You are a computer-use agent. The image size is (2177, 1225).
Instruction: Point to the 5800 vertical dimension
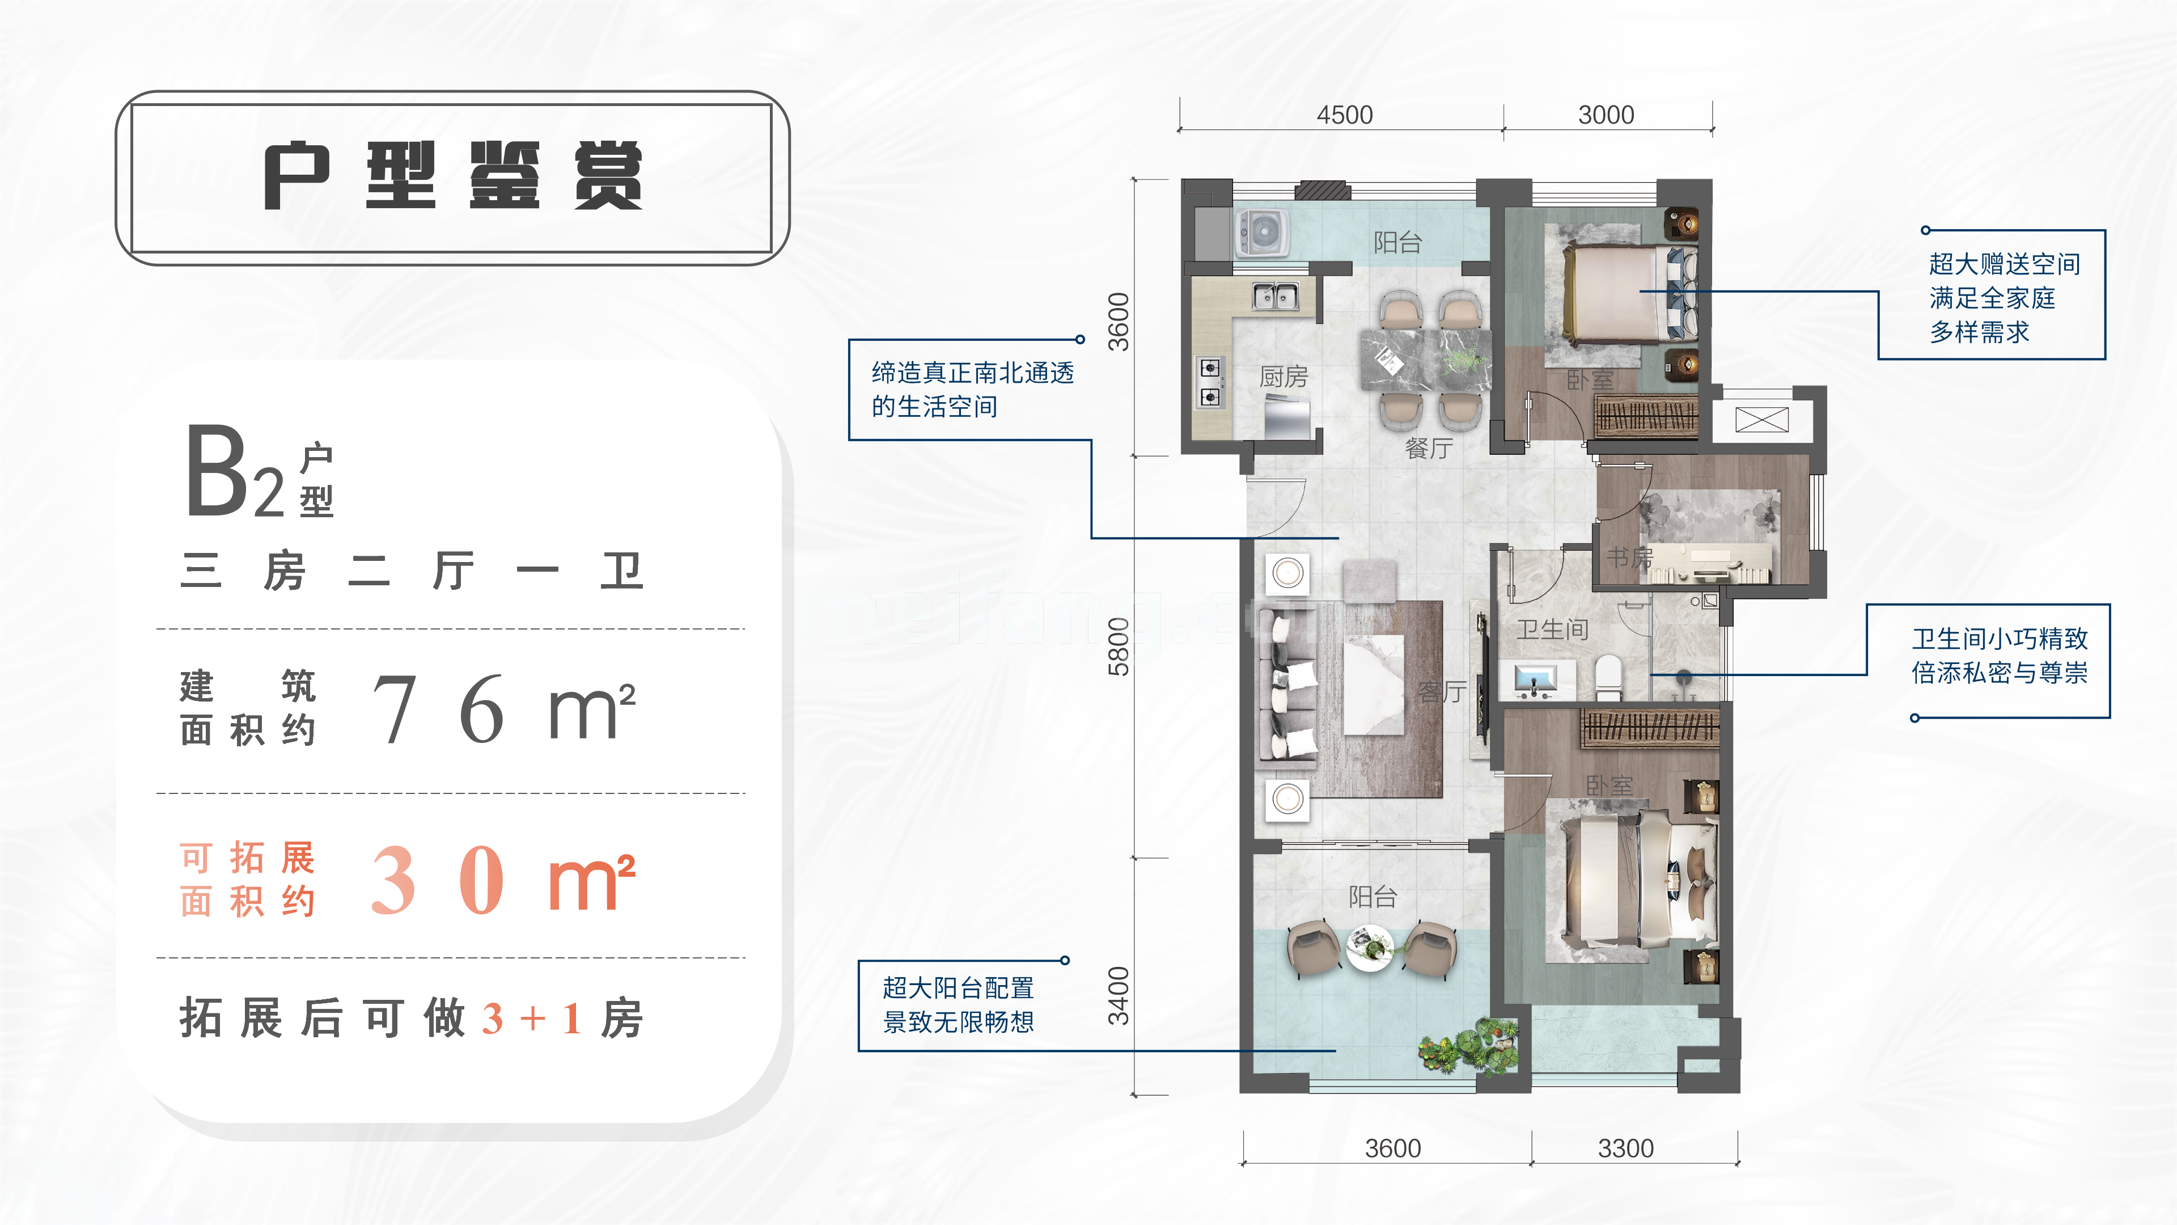1118,647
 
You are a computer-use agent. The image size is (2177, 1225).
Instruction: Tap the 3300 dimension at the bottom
1625,1148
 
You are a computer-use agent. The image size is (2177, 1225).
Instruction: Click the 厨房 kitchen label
1283,376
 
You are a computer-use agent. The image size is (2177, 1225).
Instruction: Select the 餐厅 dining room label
1428,448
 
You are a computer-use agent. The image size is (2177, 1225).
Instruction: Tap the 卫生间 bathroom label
1552,629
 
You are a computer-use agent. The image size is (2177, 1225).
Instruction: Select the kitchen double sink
1275,297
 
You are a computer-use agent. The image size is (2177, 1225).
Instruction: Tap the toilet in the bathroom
1609,677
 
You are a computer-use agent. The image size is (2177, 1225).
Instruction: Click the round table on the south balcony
1369,947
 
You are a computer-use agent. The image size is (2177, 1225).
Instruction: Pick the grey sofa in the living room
1288,685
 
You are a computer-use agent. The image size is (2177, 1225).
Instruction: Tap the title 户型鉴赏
453,176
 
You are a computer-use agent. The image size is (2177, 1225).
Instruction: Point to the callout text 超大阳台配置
958,987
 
